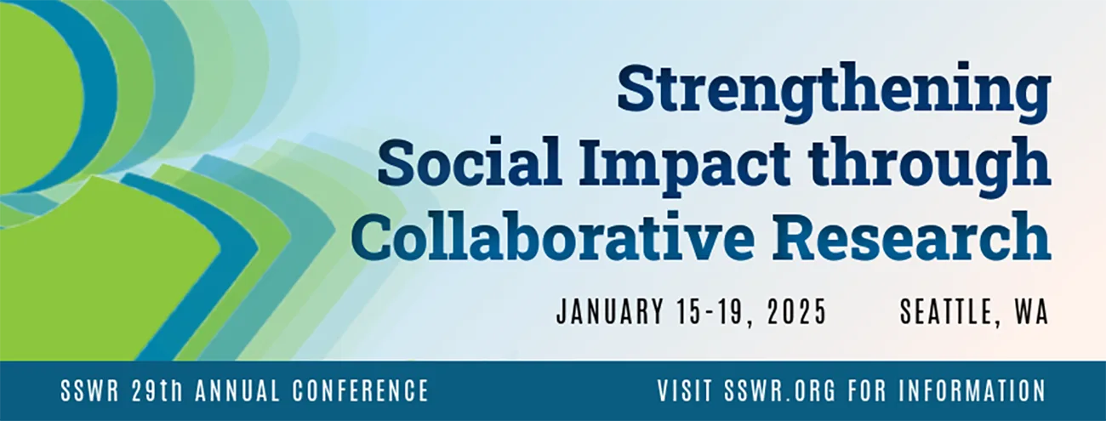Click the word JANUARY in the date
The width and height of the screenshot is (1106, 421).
(608, 312)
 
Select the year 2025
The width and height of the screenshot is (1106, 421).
(795, 312)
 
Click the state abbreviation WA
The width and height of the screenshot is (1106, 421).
(1031, 312)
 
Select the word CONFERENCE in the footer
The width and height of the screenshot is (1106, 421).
(361, 391)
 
